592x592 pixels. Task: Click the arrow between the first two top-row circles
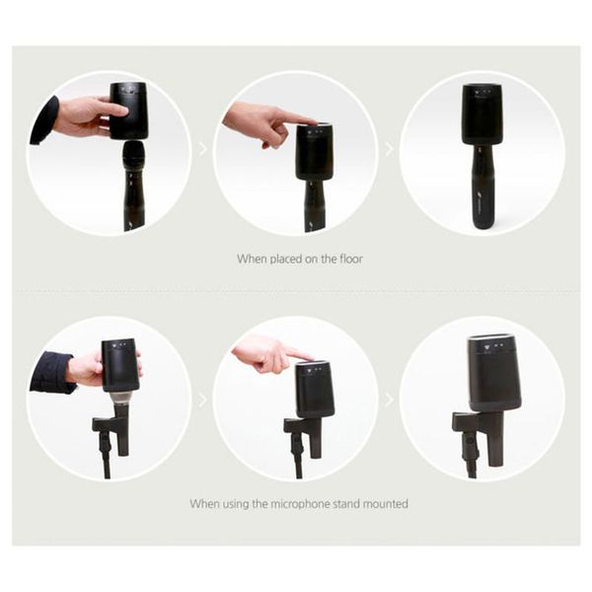tap(202, 149)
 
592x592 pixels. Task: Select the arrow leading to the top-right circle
tap(388, 149)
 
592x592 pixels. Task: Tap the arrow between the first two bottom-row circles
tap(202, 400)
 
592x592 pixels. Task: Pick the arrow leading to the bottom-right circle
tap(388, 400)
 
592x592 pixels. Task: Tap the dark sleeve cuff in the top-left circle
tap(44, 119)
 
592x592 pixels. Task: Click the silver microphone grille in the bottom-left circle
tap(120, 397)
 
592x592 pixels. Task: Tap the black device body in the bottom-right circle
tap(493, 372)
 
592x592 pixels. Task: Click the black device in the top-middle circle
tap(314, 153)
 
